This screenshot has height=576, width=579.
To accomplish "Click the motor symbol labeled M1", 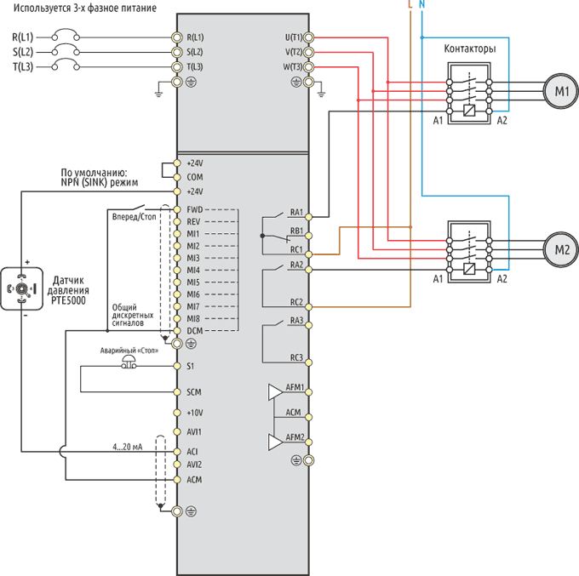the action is pos(561,91).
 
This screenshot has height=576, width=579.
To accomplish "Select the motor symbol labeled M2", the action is pos(561,250).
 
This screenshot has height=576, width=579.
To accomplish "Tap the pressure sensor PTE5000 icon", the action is pos(22,288).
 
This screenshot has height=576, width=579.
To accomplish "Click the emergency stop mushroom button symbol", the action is pos(129,362).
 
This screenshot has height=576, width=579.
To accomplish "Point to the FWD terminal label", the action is pos(195,209).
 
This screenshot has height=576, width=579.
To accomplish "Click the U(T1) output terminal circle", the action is pos(309,37).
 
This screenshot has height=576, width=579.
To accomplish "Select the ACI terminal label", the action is pos(192,452).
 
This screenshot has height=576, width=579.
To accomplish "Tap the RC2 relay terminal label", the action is pos(296,302).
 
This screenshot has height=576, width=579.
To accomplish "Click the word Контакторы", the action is pos(470,48).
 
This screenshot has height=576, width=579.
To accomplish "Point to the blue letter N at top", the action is pos(422,4).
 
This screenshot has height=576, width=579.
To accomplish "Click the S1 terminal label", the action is pos(190,366).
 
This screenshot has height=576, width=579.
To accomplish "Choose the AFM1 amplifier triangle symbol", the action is pos(275,392).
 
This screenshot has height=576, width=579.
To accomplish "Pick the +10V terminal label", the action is pos(195,413).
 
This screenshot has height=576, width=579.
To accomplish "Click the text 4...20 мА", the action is pos(128,447).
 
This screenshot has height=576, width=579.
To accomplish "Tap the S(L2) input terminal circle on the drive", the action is pos(177,52).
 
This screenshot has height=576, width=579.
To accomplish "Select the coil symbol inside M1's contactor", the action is pos(469,111).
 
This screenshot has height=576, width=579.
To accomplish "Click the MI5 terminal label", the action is pos(193,282).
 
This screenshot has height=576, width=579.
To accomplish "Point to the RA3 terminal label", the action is pos(296,320).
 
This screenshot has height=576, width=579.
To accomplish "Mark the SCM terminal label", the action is pos(194,392).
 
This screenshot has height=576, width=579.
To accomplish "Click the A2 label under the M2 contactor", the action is pos(502,279).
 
